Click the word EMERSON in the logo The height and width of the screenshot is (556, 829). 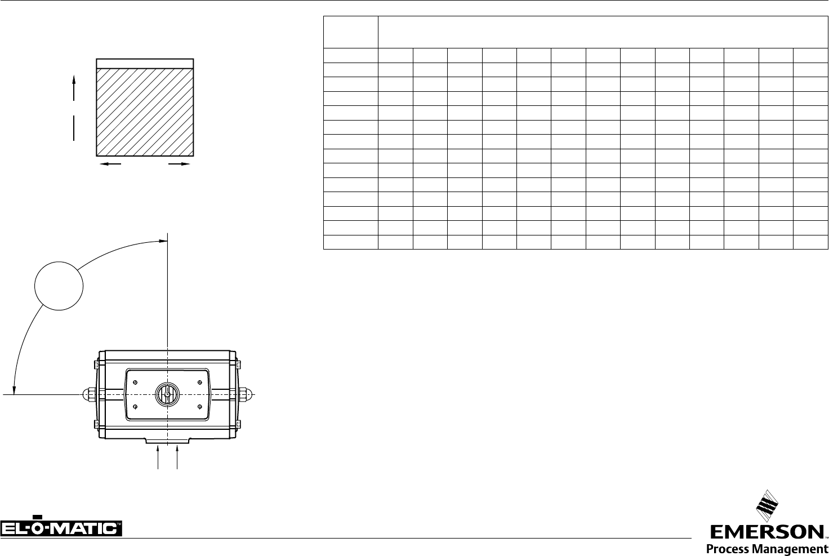click(x=767, y=532)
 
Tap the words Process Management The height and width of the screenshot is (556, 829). click(x=767, y=549)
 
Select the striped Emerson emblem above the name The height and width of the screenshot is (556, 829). click(x=767, y=506)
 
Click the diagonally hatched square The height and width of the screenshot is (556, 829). click(x=145, y=112)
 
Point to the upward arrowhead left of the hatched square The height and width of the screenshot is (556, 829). click(x=74, y=80)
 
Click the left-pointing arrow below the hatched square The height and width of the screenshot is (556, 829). click(x=110, y=163)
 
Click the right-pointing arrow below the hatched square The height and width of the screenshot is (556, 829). click(x=179, y=163)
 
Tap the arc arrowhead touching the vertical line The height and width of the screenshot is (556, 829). click(x=163, y=241)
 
